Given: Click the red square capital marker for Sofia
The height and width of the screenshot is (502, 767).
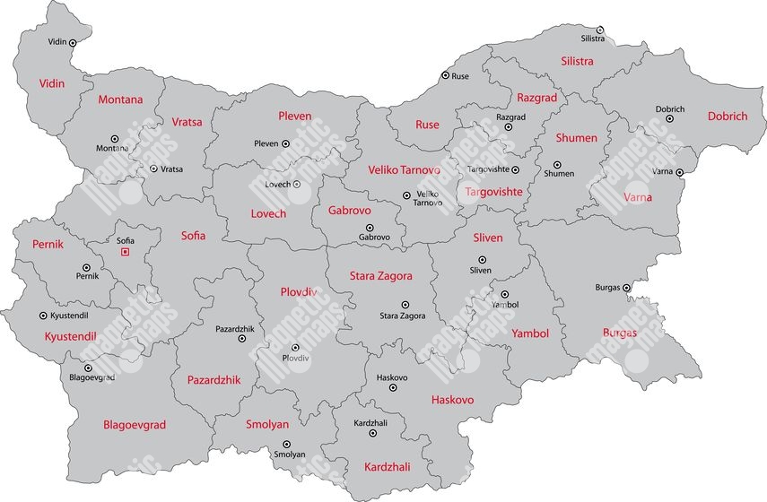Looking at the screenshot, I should (125, 252).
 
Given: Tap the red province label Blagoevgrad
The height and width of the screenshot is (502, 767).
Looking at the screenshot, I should (135, 425).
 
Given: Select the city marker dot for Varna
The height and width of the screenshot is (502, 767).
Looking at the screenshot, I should (680, 172).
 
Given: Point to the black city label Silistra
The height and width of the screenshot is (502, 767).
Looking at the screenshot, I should (593, 39).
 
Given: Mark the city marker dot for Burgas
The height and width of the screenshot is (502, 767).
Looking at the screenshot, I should (627, 288).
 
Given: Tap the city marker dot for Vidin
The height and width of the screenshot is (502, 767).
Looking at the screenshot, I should (73, 42).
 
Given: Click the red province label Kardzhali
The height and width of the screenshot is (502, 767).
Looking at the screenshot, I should (388, 467).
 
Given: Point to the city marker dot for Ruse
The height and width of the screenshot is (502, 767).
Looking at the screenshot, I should (444, 76).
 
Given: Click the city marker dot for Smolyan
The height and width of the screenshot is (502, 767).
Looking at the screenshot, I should (287, 444).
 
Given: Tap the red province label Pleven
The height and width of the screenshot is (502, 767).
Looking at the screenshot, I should (295, 117).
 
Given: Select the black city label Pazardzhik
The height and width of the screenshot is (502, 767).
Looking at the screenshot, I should (235, 329).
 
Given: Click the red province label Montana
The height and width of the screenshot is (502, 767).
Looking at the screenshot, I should (120, 100).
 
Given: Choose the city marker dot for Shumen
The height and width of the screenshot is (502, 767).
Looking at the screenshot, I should (557, 164).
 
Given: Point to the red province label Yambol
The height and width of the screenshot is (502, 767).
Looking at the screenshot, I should (529, 333).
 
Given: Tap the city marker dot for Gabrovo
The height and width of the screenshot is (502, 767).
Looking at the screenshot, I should (374, 227).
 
